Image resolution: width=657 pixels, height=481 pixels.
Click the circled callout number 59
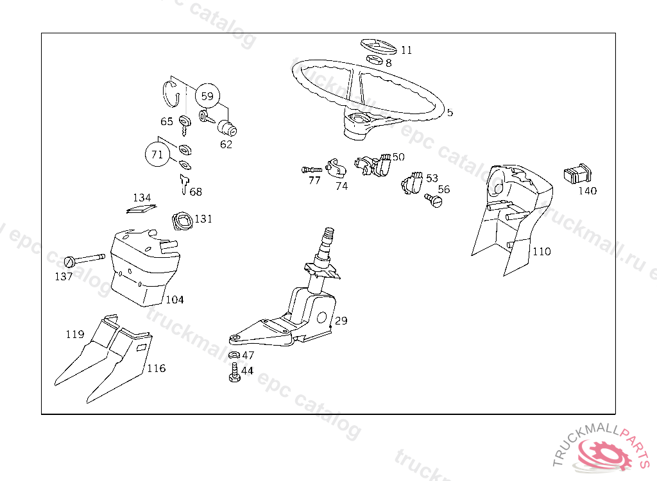207,97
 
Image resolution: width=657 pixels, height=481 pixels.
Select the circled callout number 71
157,154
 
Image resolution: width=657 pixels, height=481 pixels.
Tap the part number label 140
587,190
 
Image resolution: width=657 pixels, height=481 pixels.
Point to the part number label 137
64,276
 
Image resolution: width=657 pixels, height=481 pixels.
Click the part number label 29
341,320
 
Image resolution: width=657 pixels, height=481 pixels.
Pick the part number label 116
156,368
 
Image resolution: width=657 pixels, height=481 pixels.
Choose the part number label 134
142,198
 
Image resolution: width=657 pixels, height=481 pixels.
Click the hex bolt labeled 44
234,373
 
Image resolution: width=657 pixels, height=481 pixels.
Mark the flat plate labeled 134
141,208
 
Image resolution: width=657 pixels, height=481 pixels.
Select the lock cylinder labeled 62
227,128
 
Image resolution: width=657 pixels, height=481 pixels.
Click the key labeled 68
183,186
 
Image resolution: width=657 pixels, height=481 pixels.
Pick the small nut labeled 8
375,61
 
